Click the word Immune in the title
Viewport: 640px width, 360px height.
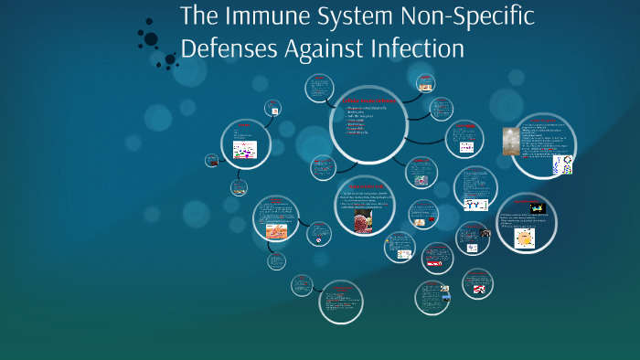point(264,17)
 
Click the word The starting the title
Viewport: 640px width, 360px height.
point(199,17)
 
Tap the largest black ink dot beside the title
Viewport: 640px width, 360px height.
point(150,39)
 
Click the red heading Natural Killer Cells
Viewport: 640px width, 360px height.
point(366,185)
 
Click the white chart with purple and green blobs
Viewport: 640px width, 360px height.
point(245,150)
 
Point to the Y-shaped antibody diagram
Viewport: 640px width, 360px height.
point(475,205)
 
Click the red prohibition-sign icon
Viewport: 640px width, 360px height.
point(318,239)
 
